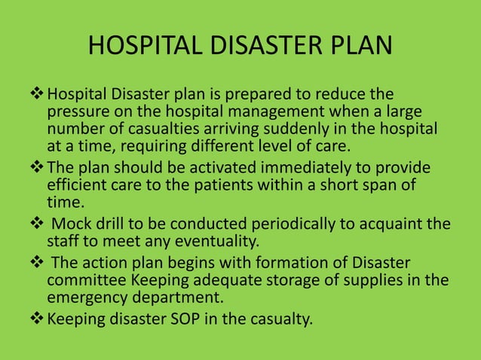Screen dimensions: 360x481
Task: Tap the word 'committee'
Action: [x=83, y=280]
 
